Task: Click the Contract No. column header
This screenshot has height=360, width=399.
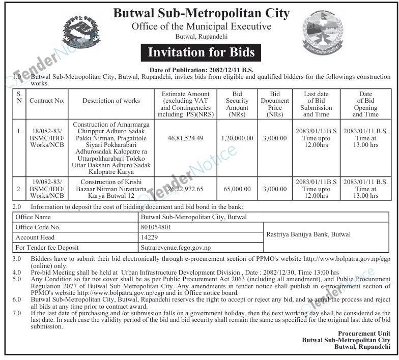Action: click(47, 101)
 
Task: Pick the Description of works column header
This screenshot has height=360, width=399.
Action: click(111, 101)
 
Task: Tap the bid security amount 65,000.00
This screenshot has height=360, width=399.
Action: click(237, 189)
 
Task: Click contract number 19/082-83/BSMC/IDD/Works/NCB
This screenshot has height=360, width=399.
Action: click(47, 189)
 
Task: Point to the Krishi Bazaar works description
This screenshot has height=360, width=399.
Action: click(111, 189)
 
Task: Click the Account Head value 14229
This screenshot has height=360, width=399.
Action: click(149, 237)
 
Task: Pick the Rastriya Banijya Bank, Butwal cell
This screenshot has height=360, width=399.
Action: click(308, 234)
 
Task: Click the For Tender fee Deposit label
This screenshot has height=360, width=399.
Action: click(47, 248)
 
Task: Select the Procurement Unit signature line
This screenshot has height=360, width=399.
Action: click(365, 333)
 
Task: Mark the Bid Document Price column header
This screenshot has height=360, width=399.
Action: click(275, 104)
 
